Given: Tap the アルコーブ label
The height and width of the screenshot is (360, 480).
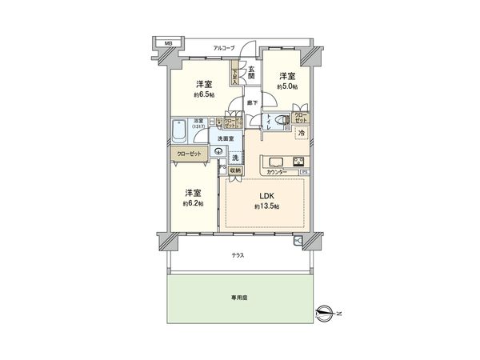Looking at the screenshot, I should pos(223,48).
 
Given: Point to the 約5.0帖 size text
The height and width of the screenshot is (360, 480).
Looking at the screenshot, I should pos(288,86).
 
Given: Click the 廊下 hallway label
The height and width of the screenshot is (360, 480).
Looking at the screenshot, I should pos(250,102).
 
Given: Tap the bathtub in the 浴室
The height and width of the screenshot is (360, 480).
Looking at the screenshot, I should pos(181,128).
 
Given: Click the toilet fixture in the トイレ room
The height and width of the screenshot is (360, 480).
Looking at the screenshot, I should pos(277,122).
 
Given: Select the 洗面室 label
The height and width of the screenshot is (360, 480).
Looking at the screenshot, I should pos(227,139).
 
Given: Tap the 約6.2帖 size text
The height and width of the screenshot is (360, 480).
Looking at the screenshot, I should pos(192,203).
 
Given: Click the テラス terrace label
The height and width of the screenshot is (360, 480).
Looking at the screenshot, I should pos(238,254).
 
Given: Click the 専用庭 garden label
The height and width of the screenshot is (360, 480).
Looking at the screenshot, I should pos(238,297).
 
